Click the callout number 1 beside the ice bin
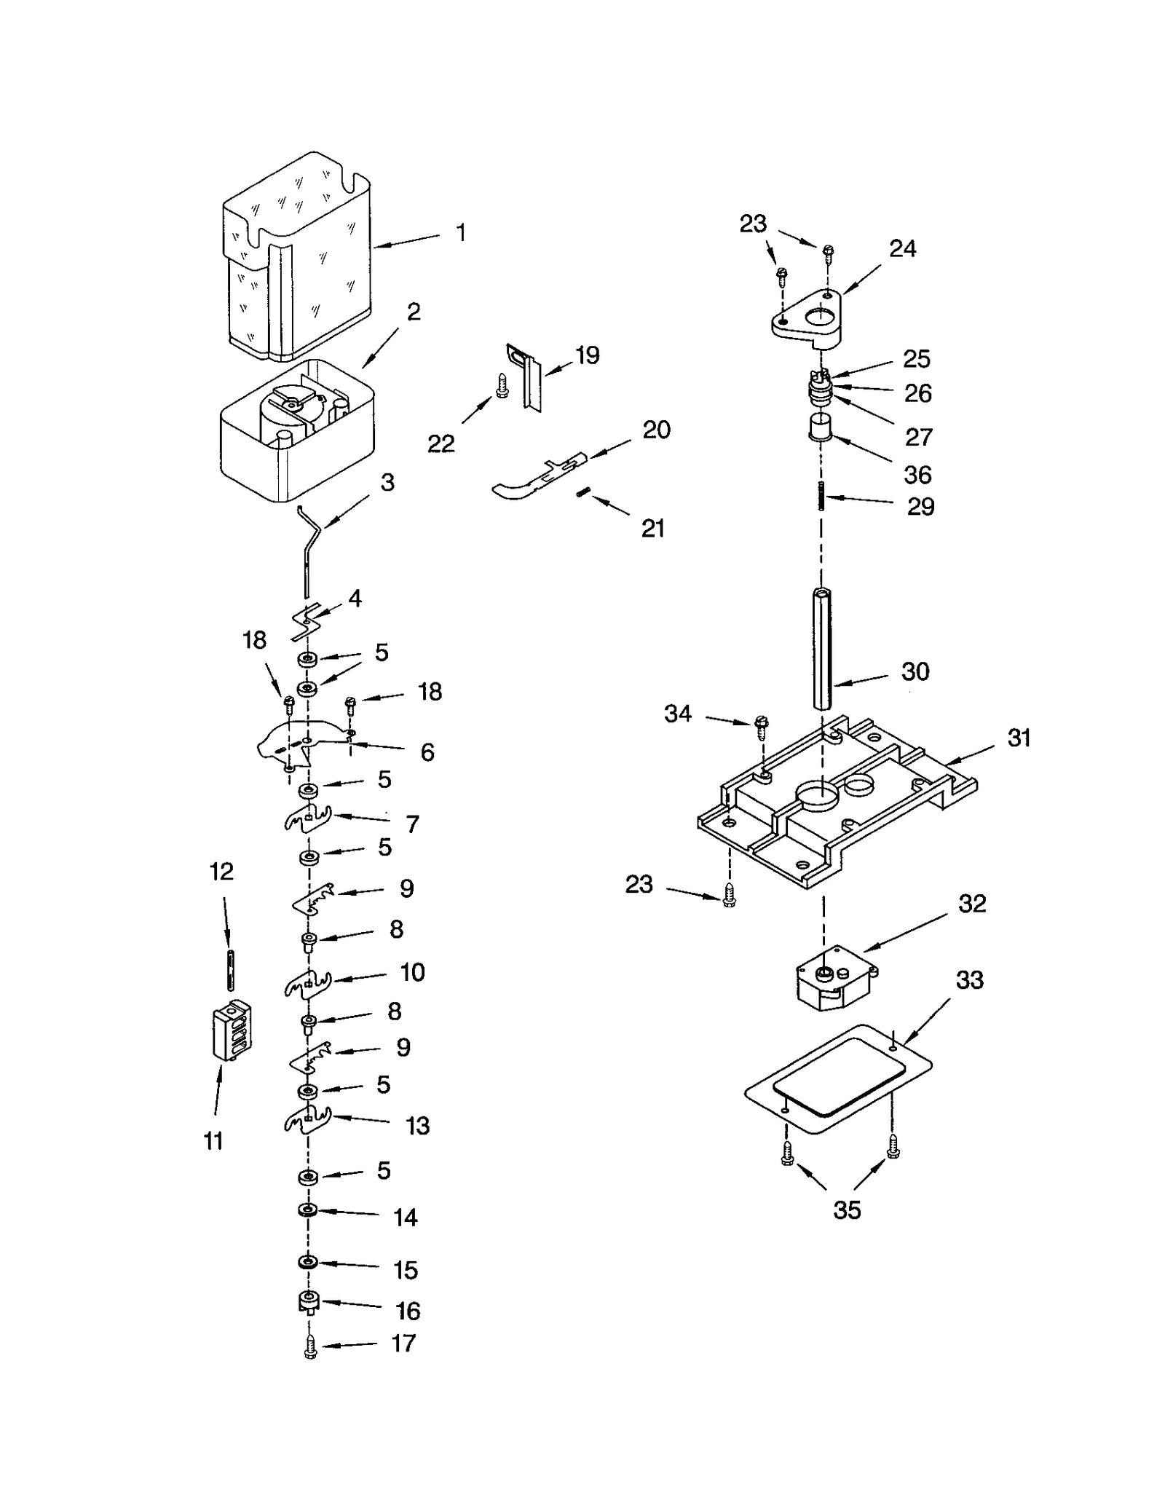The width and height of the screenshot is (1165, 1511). click(x=460, y=233)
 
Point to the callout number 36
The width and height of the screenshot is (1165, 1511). click(x=917, y=475)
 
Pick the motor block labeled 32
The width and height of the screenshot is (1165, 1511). click(x=837, y=979)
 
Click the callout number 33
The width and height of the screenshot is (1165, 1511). click(x=969, y=980)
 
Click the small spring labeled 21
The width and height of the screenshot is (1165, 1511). click(x=582, y=493)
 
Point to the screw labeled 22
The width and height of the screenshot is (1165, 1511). click(x=501, y=384)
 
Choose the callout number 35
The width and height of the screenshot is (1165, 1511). click(x=846, y=1210)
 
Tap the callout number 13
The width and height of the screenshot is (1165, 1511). click(x=417, y=1126)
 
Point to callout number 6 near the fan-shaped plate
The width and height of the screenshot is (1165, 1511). click(x=427, y=751)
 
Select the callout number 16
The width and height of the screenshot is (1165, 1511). click(x=408, y=1311)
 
